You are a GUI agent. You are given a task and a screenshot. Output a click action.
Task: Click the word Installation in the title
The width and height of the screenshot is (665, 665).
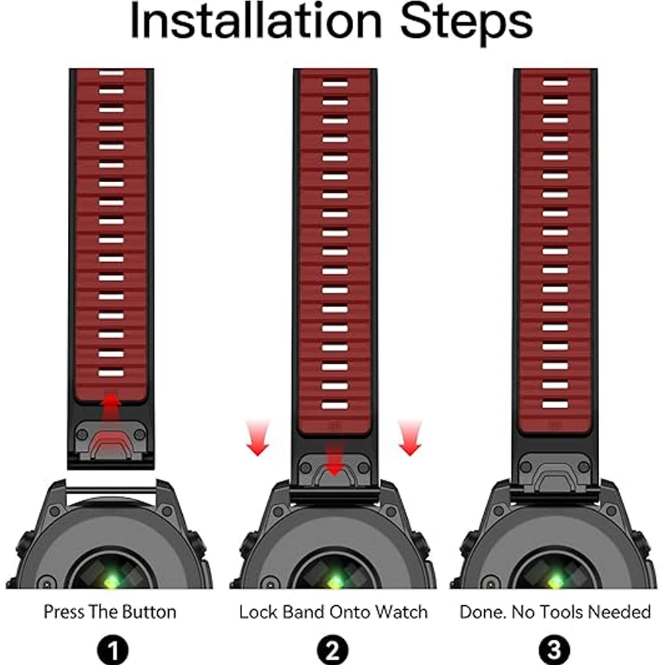click(x=257, y=21)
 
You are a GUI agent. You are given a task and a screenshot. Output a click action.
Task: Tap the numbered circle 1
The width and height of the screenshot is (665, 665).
click(x=113, y=650)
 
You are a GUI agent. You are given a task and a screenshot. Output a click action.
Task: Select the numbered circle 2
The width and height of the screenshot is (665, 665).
click(x=333, y=650)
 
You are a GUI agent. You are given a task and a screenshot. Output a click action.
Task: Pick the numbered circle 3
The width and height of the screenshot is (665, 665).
click(x=555, y=650)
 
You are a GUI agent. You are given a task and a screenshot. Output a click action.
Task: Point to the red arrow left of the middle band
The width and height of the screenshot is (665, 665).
click(x=257, y=438)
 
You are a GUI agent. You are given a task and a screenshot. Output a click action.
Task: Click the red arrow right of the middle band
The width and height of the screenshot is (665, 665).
click(x=410, y=438)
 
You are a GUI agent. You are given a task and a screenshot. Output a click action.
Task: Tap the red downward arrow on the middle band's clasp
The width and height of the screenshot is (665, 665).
click(x=334, y=460)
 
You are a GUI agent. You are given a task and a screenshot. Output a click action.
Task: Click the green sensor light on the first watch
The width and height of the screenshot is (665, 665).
click(x=112, y=581)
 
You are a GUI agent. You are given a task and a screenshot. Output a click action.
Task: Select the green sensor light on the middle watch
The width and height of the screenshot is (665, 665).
click(x=334, y=581)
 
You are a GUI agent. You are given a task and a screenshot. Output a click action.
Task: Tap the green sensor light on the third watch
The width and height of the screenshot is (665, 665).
click(x=555, y=581)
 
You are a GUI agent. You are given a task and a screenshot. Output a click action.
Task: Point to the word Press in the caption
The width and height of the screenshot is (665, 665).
click(x=60, y=612)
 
